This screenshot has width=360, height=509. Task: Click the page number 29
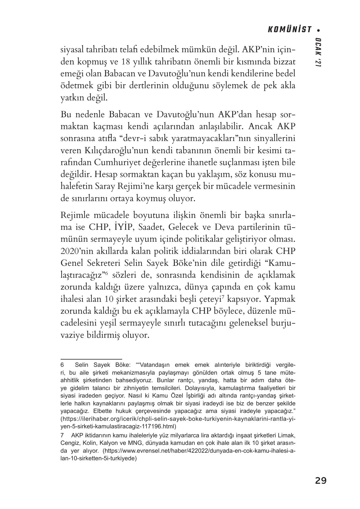coord(321,481)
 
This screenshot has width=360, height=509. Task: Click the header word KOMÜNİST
coord(289,30)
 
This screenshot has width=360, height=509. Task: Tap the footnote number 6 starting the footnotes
coord(62,364)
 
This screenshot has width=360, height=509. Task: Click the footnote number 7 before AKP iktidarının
coord(62,436)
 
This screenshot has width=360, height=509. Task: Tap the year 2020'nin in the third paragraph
coord(77,251)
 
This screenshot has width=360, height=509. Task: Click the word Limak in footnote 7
coord(287,436)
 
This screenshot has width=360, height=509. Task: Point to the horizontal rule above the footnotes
coord(91,359)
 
